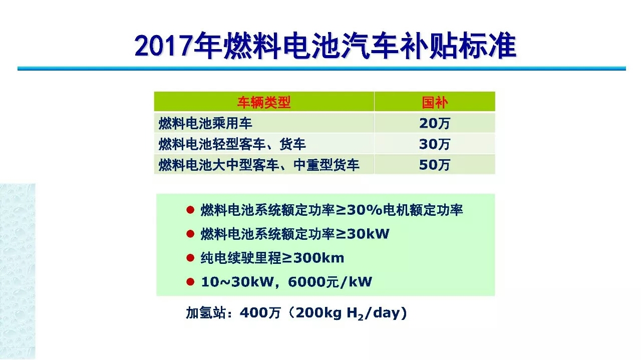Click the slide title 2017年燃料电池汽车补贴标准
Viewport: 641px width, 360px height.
326,46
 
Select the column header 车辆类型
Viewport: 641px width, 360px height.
264,102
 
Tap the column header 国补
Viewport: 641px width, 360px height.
435,102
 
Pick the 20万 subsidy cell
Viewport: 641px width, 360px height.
435,123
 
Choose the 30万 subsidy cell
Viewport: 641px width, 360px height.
435,144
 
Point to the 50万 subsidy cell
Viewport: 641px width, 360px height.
435,165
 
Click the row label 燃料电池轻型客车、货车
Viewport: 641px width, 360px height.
232,144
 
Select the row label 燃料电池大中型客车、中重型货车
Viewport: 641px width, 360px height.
259,165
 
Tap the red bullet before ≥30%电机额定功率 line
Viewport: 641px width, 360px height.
190,210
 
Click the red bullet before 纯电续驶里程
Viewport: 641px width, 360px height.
190,258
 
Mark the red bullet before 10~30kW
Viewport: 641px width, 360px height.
190,282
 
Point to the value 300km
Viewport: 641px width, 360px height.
319,258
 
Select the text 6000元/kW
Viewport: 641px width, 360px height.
330,282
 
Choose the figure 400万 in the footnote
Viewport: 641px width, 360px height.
260,312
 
